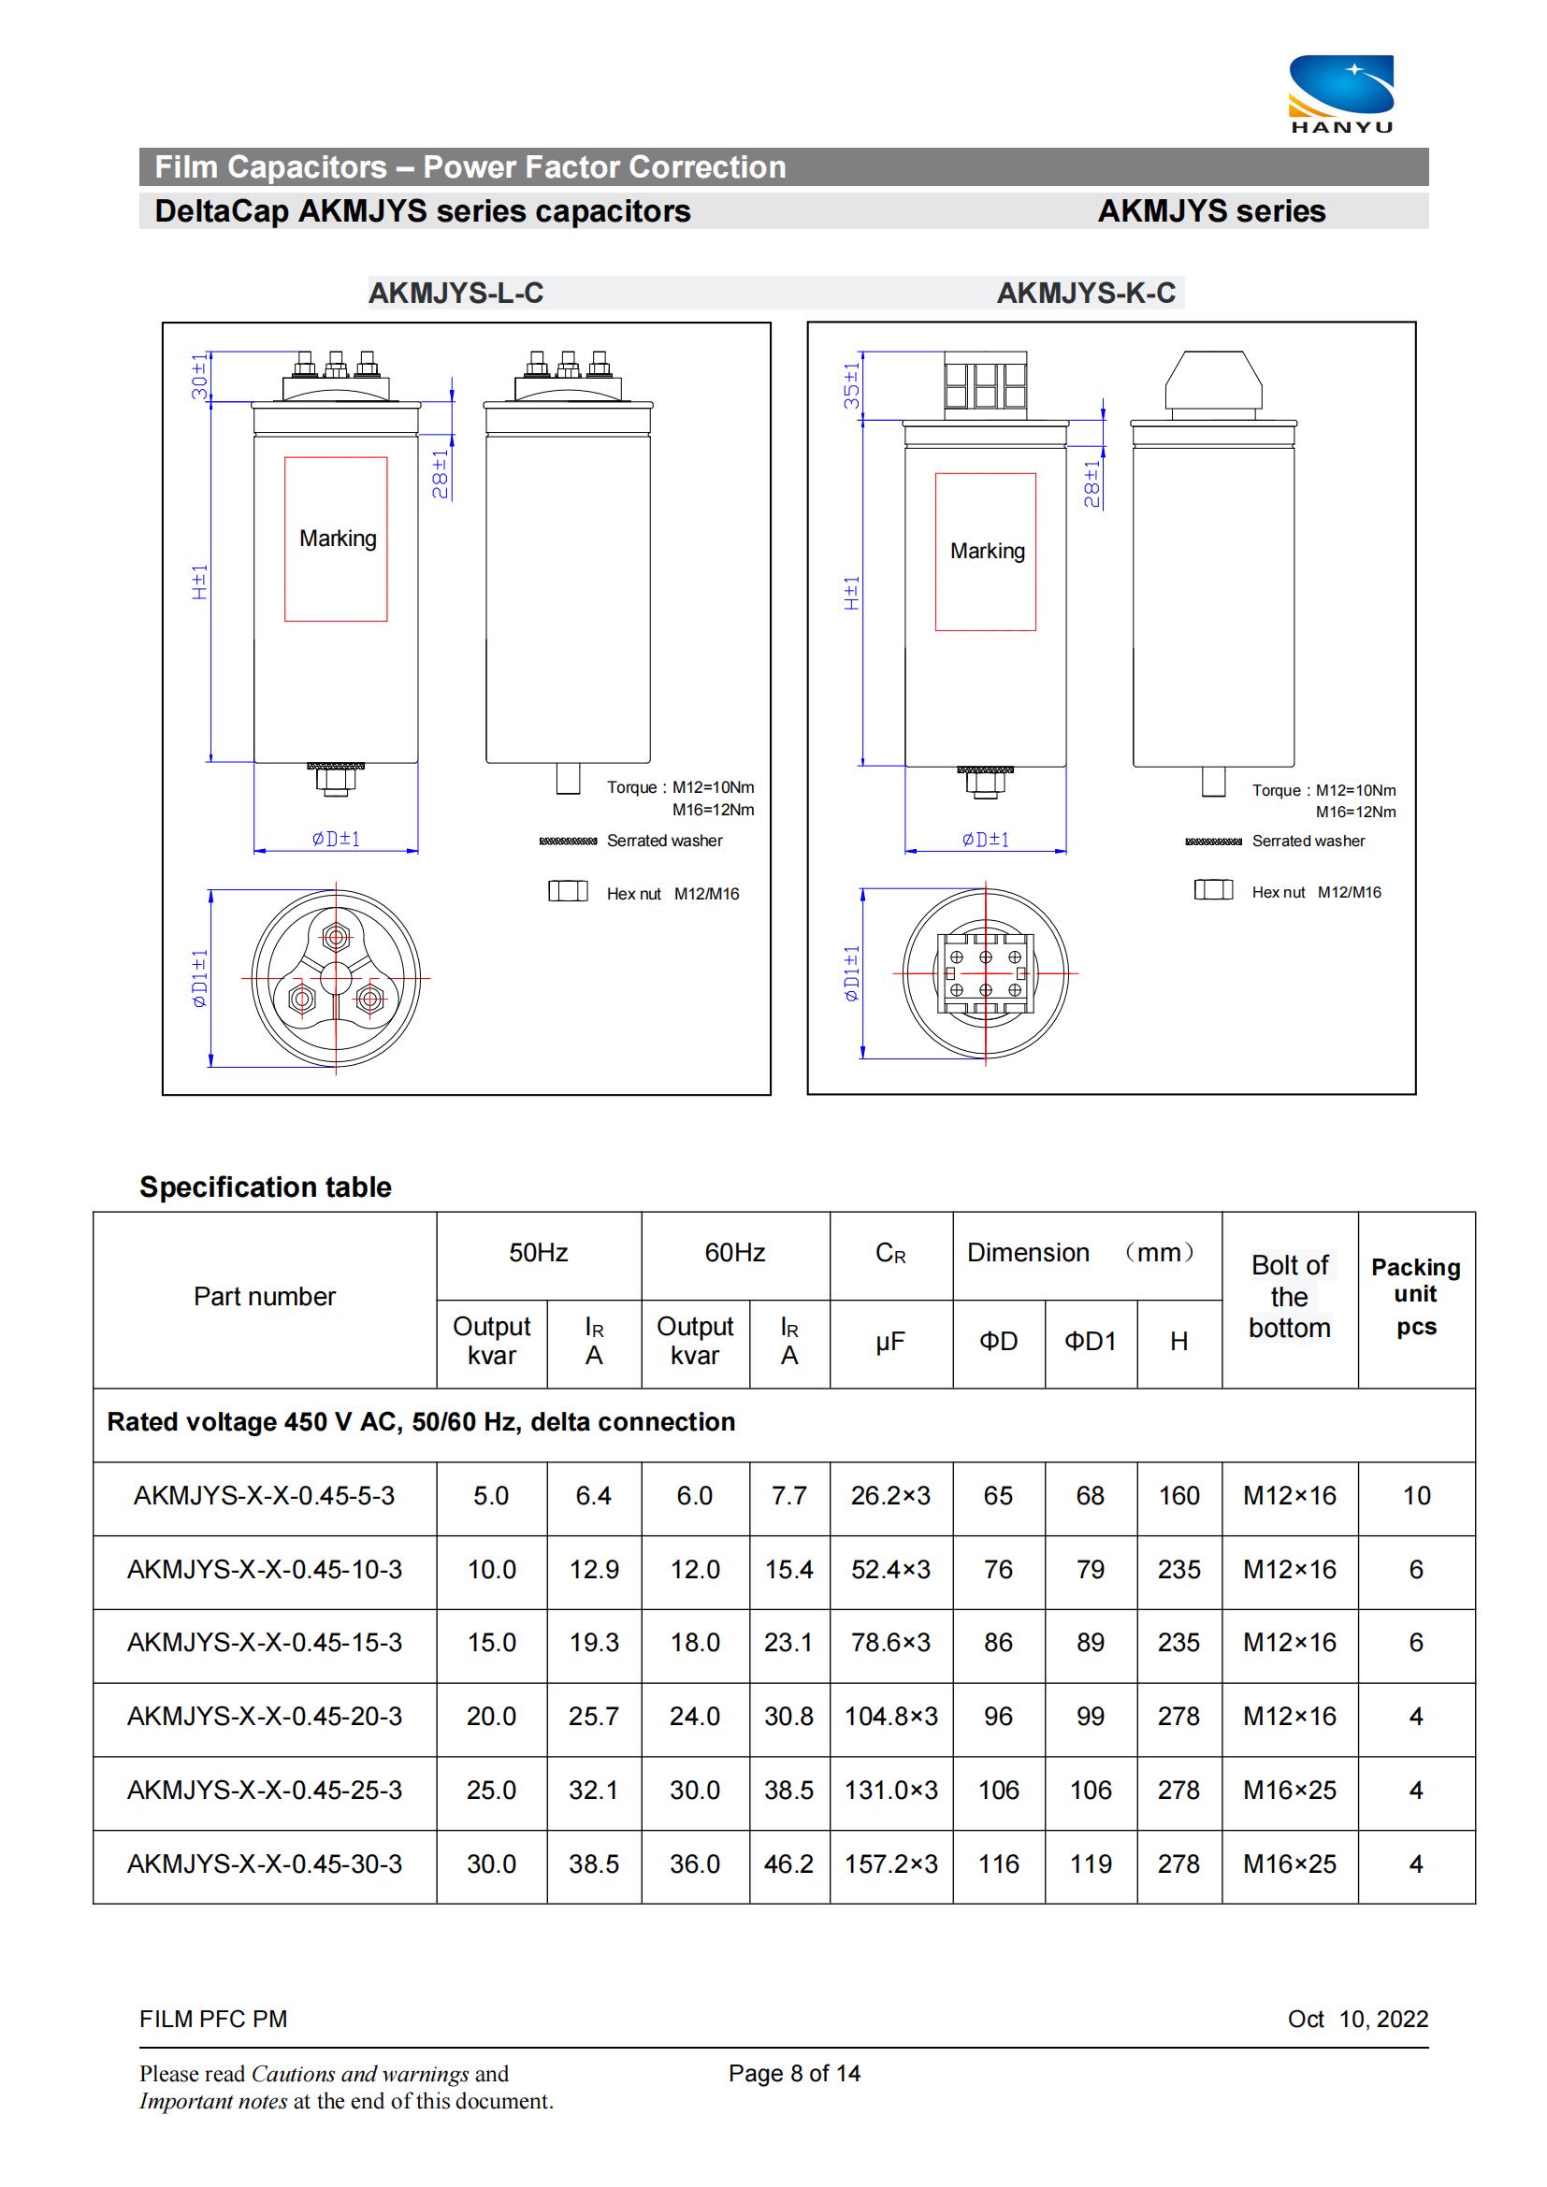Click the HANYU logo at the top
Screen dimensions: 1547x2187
click(x=1341, y=94)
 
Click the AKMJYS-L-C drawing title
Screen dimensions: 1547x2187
click(x=456, y=293)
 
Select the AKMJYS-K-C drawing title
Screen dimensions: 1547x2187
click(x=1086, y=293)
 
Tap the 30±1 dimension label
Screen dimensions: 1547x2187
click(x=198, y=376)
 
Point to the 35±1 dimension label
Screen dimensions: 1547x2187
click(x=852, y=385)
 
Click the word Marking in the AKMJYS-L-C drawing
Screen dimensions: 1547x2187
click(x=339, y=539)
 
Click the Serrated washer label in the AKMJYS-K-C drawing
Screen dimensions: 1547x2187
click(x=1308, y=842)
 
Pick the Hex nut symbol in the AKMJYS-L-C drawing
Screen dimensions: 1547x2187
click(x=568, y=892)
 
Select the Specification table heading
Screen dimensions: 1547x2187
click(x=266, y=1187)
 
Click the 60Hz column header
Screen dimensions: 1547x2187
click(x=734, y=1253)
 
